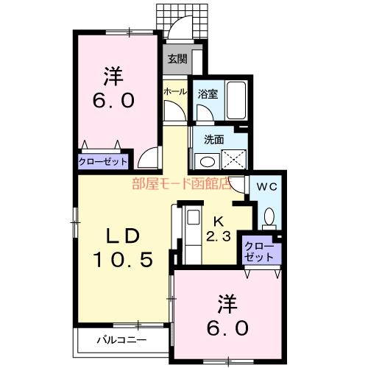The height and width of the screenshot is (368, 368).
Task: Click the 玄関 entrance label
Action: pyautogui.click(x=177, y=59)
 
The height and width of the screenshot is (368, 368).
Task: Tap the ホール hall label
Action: pyautogui.click(x=175, y=92)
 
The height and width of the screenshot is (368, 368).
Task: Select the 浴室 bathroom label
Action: pyautogui.click(x=208, y=94)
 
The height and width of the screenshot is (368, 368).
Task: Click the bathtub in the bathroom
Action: pyautogui.click(x=236, y=101)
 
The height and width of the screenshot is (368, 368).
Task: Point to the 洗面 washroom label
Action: pyautogui.click(x=214, y=140)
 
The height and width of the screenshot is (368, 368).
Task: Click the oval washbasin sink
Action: pyautogui.click(x=208, y=162)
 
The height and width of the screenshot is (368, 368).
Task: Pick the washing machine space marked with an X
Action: pyautogui.click(x=234, y=160)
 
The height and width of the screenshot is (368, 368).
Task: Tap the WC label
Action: pyautogui.click(x=267, y=187)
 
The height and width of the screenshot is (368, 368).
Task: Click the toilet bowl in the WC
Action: pyautogui.click(x=269, y=216)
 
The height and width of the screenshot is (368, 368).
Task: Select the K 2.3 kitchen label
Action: pyautogui.click(x=219, y=230)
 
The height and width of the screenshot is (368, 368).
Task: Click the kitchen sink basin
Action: pyautogui.click(x=194, y=217)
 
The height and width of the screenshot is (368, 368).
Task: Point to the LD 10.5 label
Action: pyautogui.click(x=123, y=248)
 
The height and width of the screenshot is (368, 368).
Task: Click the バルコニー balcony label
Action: pyautogui.click(x=122, y=340)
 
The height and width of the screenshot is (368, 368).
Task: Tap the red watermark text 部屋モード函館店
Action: pyautogui.click(x=182, y=183)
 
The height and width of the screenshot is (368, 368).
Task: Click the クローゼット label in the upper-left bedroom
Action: pyautogui.click(x=103, y=162)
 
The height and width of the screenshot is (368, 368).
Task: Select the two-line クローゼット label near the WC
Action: pyautogui.click(x=259, y=252)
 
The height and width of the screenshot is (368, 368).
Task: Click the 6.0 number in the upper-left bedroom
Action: pyautogui.click(x=113, y=101)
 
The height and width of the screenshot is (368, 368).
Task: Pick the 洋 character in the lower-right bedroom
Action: pyautogui.click(x=227, y=304)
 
